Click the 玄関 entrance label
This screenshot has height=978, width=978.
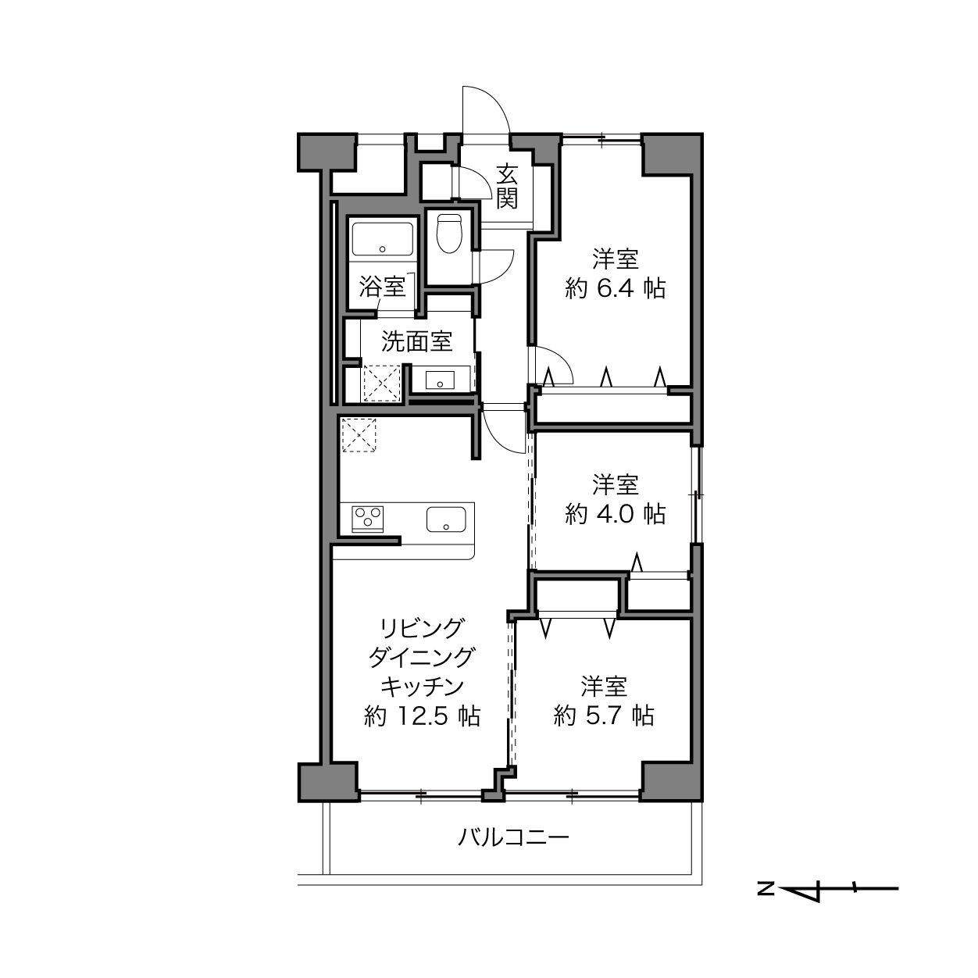coord(506,186)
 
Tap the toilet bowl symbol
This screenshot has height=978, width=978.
coord(449,234)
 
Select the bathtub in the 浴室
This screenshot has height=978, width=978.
coord(382,238)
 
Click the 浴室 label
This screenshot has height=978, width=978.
coord(382,287)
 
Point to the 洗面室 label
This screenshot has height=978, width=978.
coord(416,341)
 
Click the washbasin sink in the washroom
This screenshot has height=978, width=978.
coord(440,380)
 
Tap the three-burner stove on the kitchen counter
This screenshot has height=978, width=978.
coord(368,519)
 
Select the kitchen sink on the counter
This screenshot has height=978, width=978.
coord(446,519)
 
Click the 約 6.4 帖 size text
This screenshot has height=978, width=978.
coord(615,289)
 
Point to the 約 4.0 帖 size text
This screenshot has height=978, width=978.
coord(615,514)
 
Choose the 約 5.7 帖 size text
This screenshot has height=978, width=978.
coord(604,716)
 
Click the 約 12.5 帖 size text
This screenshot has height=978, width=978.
coord(422,716)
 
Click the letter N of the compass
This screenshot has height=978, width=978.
coord(766,889)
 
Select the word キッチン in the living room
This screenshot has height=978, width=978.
coord(423,687)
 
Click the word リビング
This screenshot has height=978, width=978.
coord(423,628)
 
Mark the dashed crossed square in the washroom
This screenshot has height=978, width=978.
coord(382,384)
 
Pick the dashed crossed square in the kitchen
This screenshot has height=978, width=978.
coord(359,435)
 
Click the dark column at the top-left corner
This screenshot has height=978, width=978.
coord(327,152)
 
